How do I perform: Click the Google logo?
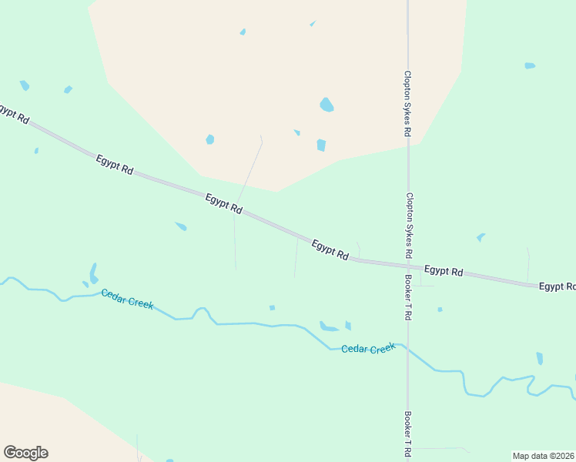25,452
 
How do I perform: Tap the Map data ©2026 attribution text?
543,455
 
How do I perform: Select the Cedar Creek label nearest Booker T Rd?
368,349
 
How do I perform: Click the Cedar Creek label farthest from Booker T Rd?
127,299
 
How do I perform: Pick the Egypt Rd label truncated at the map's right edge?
557,286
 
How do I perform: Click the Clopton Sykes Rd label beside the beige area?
407,103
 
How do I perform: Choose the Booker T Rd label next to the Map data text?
407,434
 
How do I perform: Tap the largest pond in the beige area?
327,105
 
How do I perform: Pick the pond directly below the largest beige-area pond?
321,145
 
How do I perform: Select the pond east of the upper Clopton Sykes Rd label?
530,65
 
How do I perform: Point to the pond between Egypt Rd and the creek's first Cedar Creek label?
181,226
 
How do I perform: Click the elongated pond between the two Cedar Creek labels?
329,327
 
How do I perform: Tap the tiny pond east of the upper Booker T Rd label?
440,310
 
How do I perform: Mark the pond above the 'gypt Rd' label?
25,85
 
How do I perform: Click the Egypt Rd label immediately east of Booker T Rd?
444,271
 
